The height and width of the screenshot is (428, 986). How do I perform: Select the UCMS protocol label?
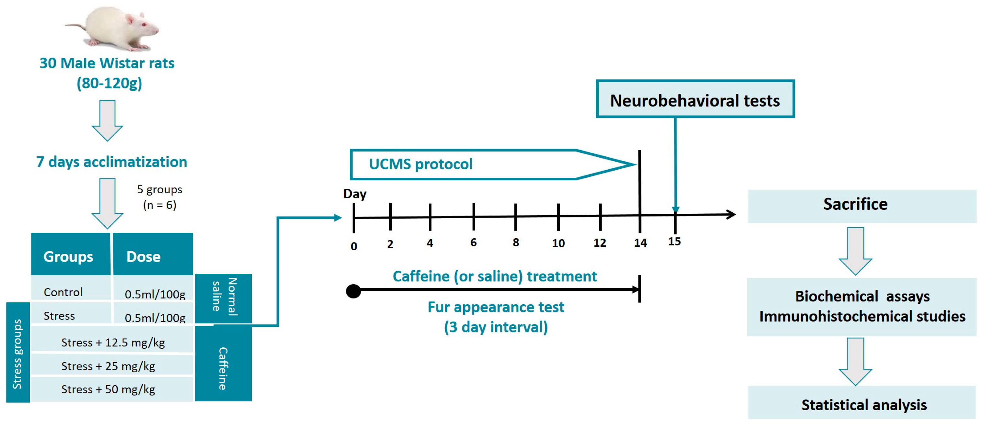(x=420, y=164)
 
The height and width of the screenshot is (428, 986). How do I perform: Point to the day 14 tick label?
(x=640, y=243)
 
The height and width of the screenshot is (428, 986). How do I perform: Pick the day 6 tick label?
(x=474, y=242)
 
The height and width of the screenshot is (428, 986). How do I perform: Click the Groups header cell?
(x=69, y=256)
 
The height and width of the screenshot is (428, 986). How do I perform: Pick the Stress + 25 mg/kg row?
(x=109, y=366)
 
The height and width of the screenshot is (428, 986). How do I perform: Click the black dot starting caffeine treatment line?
(x=353, y=291)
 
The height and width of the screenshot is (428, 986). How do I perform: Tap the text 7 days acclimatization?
(x=112, y=162)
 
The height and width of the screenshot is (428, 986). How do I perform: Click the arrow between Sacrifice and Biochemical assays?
(x=855, y=251)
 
